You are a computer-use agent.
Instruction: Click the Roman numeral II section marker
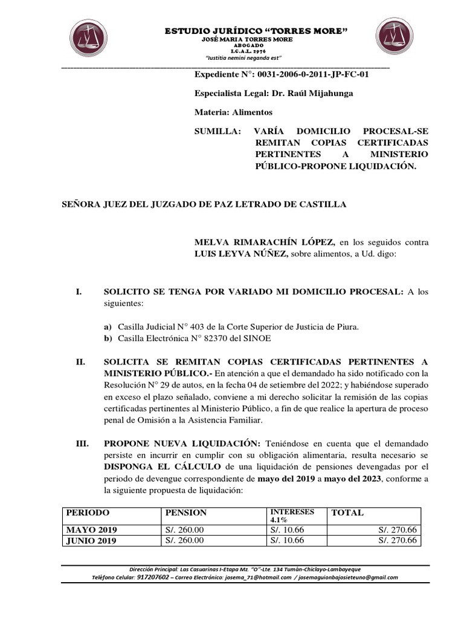coord(80,361)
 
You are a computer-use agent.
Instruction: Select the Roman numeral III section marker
coord(82,444)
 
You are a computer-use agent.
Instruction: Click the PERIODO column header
coord(88,513)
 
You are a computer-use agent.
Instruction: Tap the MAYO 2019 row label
coord(92,530)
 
